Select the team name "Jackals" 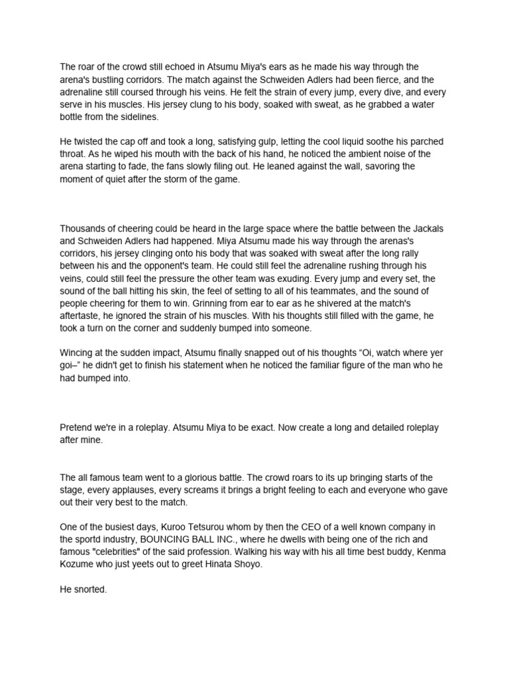click(427, 229)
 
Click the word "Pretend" click(77, 428)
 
